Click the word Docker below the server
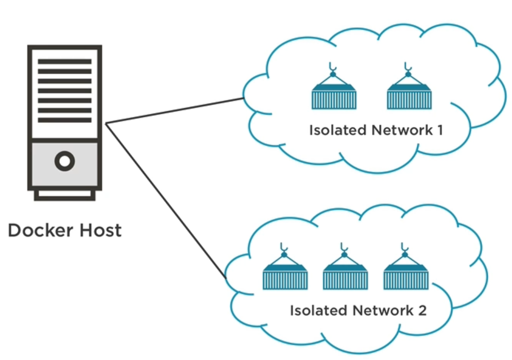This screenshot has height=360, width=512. click(41, 230)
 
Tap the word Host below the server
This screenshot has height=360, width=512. click(100, 230)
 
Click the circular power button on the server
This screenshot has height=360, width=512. click(65, 161)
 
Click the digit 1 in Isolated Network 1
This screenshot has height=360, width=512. click(440, 130)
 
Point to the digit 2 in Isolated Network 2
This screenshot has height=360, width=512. click(422, 311)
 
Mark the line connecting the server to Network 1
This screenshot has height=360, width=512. click(175, 111)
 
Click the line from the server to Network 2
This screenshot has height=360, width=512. click(166, 201)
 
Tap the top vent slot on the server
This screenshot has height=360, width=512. click(65, 61)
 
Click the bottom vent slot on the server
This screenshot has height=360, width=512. click(65, 120)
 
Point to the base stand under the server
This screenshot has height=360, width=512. click(65, 195)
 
